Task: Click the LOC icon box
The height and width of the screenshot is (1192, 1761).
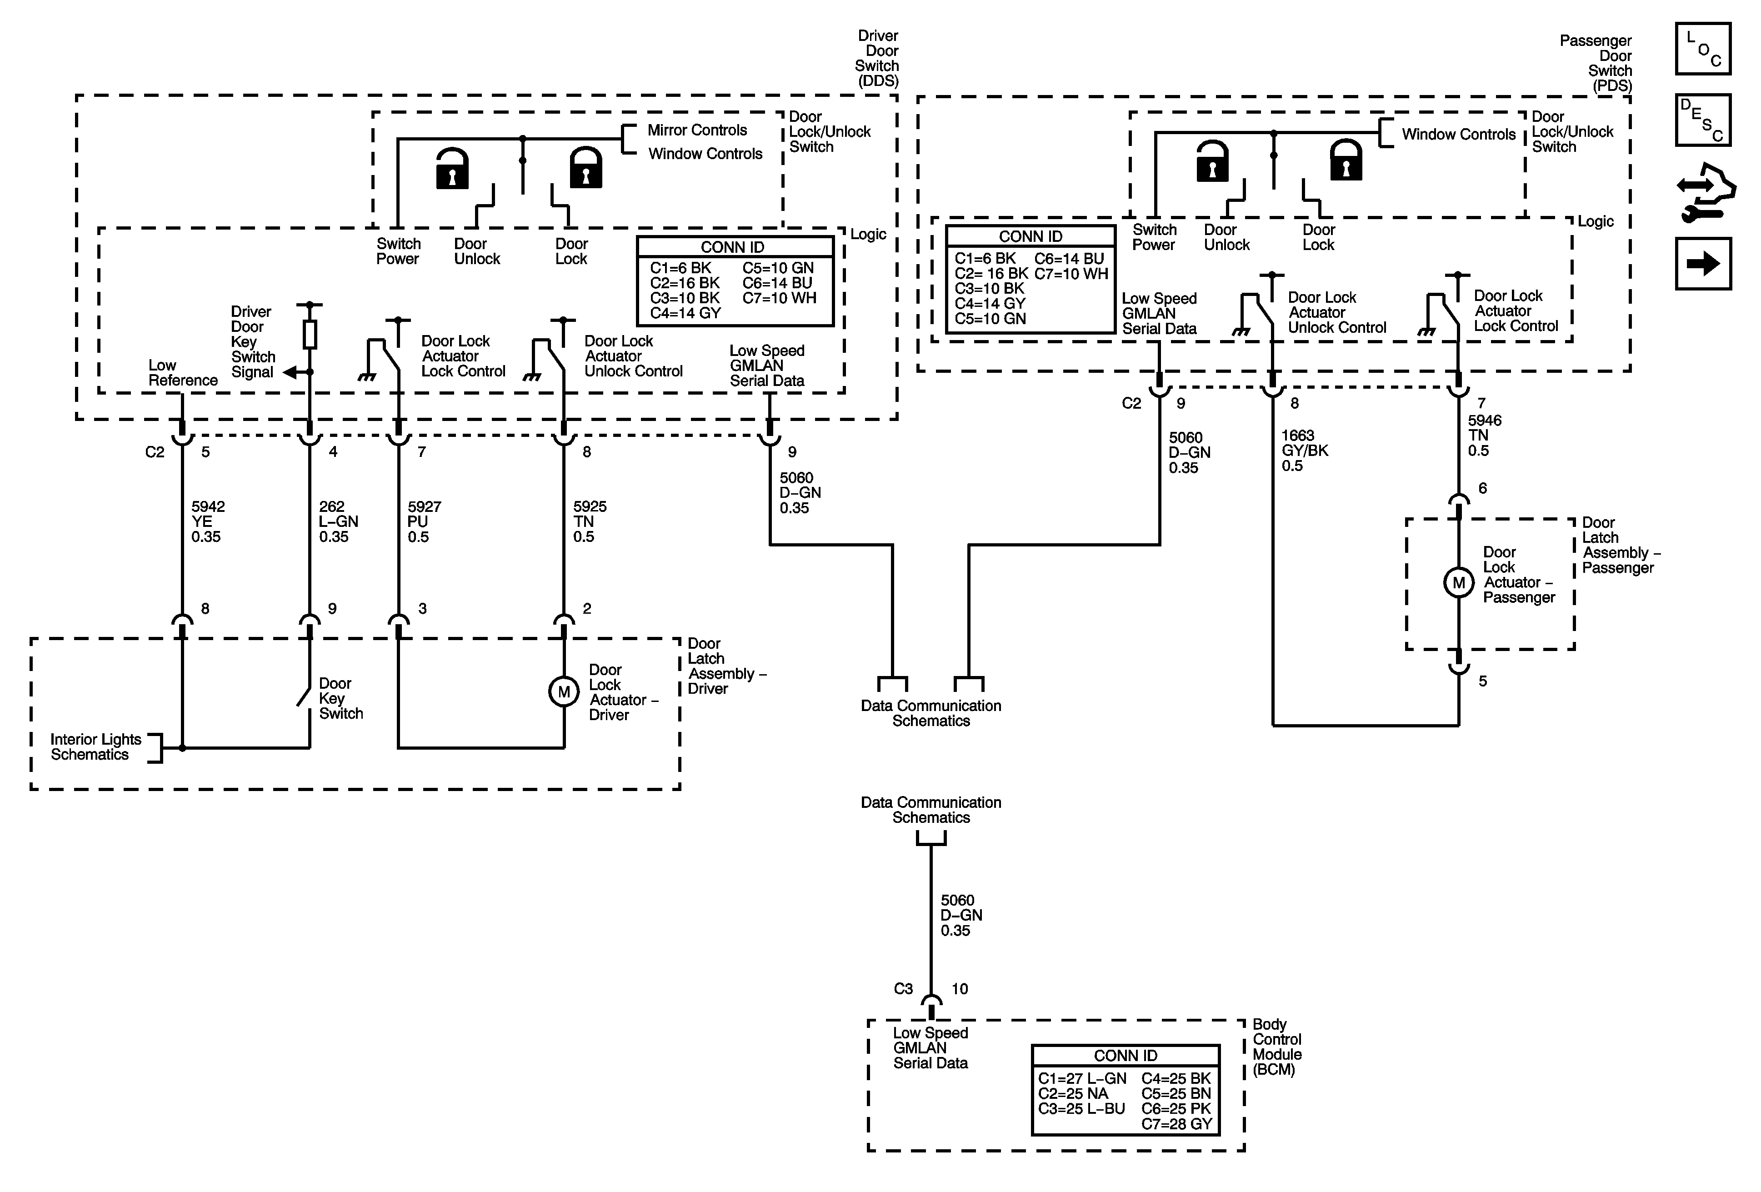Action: tap(1703, 49)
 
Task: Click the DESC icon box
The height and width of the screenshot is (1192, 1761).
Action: tap(1703, 120)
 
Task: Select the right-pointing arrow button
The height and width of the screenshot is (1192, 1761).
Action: tap(1703, 264)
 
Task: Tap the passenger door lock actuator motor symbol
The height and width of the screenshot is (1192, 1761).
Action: tap(1459, 583)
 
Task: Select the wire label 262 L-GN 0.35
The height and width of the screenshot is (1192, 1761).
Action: tap(338, 521)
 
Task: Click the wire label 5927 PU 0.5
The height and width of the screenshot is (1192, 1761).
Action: tap(424, 521)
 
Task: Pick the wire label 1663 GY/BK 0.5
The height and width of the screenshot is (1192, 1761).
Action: tap(1305, 450)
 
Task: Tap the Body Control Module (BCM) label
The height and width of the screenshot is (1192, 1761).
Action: tap(1277, 1047)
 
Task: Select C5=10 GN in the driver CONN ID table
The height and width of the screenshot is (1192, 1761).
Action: tap(777, 267)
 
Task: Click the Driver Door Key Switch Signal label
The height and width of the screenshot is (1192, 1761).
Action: tap(253, 342)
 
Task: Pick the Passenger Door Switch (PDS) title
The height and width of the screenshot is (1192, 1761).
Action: tap(1596, 63)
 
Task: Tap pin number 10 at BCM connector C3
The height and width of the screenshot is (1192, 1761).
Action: tap(959, 989)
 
